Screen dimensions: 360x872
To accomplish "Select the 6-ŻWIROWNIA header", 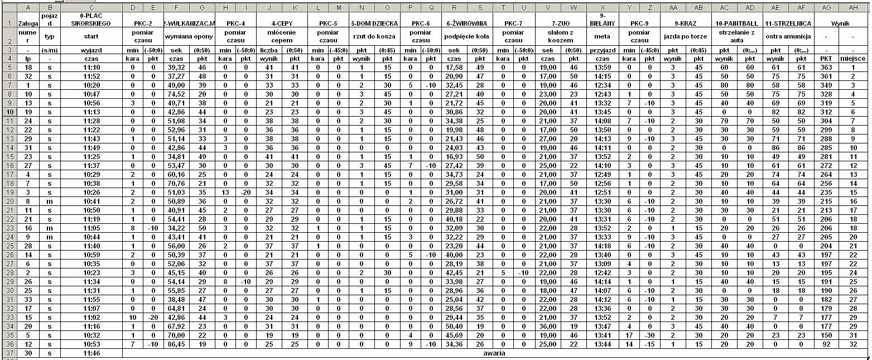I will (467, 24).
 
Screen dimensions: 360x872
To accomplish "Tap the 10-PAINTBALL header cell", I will (737, 24).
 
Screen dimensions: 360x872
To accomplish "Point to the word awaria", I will (494, 353).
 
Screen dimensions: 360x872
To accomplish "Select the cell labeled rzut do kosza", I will (373, 36).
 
